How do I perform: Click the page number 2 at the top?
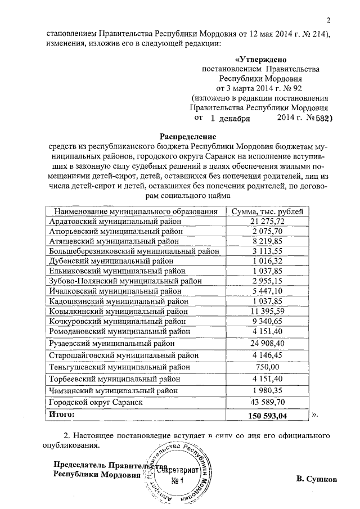[335, 21]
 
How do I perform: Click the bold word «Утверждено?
[261, 58]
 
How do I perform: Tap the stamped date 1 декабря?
[231, 119]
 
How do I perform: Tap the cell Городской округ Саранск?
[97, 402]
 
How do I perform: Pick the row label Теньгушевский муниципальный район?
[116, 366]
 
